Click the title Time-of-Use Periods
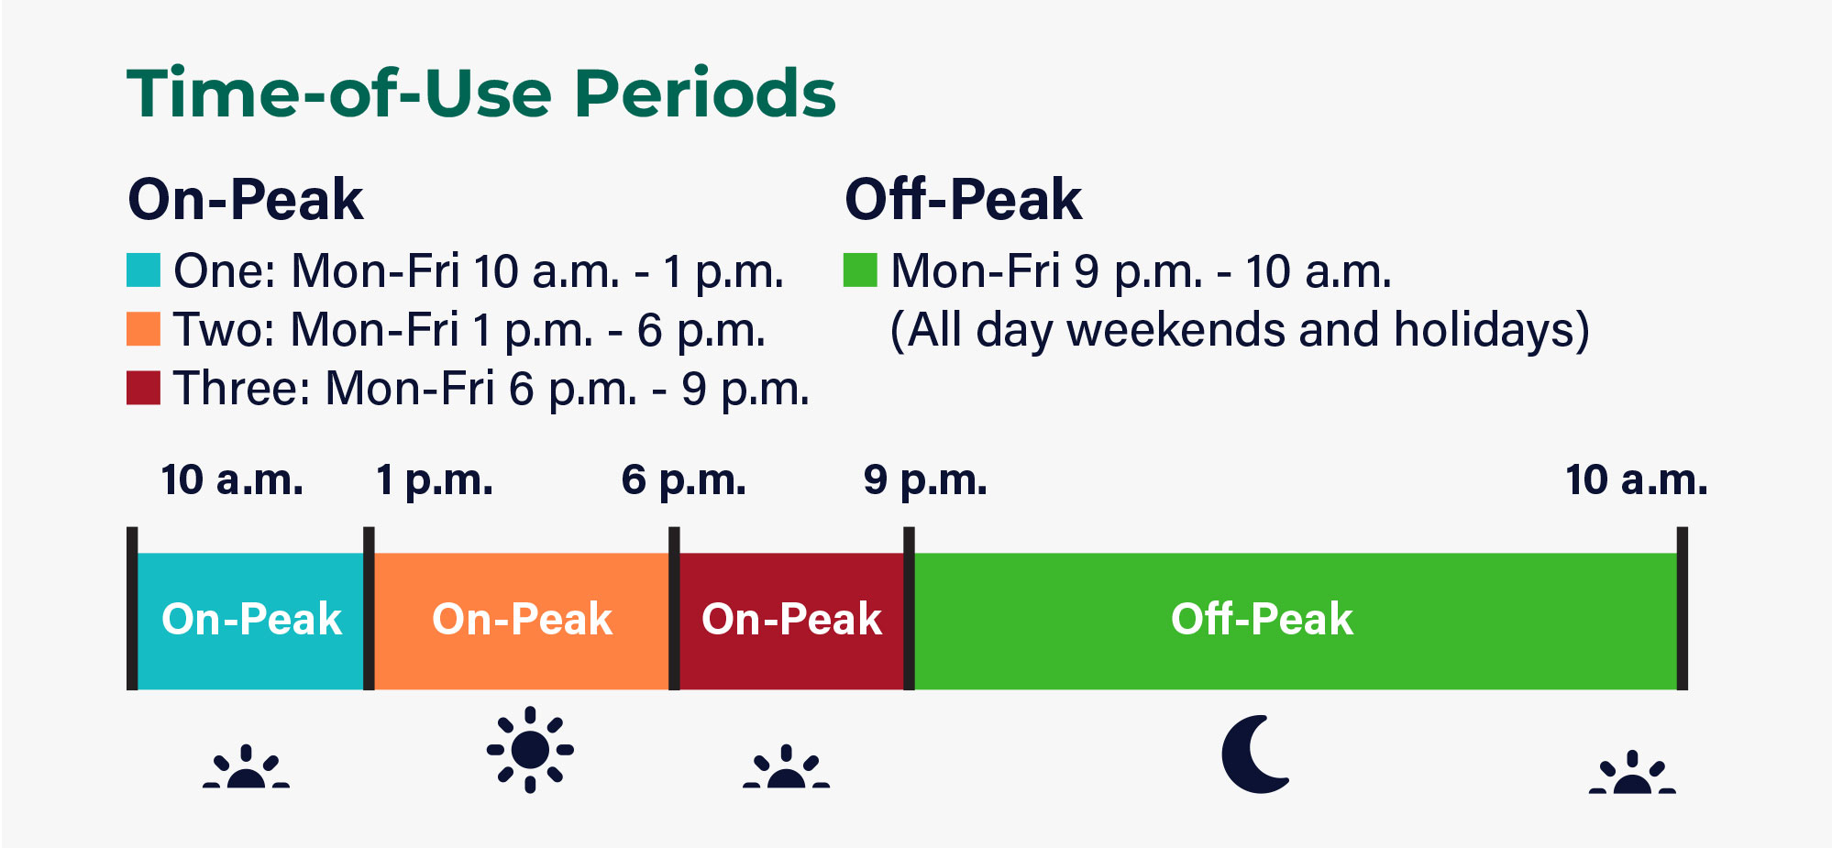480,94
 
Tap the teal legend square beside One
143,270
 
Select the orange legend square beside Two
143,329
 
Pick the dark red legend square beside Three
143,388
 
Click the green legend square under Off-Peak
859,270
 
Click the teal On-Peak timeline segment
250,621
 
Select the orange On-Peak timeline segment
521,621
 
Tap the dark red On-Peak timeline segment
790,621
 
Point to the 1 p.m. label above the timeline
434,480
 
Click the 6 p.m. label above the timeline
683,480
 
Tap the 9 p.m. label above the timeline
924,480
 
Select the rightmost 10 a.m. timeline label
1636,480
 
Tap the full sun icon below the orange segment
530,750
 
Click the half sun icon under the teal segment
246,769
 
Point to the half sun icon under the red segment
786,769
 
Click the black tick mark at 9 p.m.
909,608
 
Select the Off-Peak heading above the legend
962,200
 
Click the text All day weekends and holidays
1239,330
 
